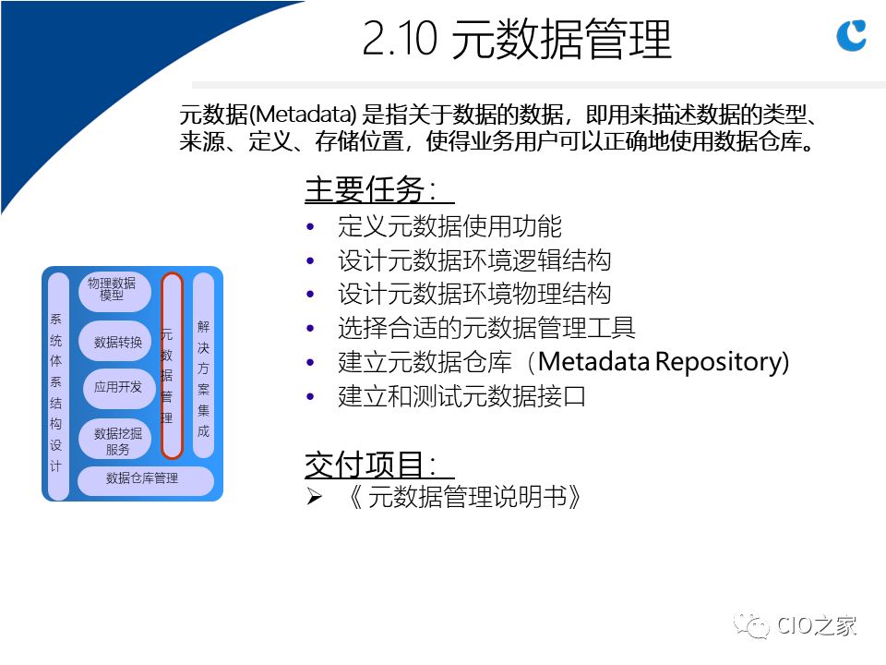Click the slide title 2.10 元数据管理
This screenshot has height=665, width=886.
pos(517,39)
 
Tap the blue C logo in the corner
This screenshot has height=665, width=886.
pos(851,35)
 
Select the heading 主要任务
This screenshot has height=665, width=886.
pos(371,189)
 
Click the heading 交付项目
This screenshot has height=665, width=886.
pos(371,465)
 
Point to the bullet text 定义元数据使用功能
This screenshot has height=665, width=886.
pos(449,226)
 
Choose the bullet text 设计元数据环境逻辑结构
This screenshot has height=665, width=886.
pos(474,260)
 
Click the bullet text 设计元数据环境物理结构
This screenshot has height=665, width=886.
pos(474,294)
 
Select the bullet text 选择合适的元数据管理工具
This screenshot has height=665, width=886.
pos(486,328)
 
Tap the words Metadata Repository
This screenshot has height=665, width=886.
pos(662,362)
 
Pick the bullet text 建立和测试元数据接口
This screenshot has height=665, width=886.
pos(461,396)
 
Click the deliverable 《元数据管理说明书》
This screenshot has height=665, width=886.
pos(464,497)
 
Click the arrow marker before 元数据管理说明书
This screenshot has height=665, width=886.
pos(314,497)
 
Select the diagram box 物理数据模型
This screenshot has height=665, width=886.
pos(114,291)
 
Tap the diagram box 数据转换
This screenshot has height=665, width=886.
pos(117,342)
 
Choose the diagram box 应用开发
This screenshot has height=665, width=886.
pos(117,387)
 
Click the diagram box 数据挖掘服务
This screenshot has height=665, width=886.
pos(117,441)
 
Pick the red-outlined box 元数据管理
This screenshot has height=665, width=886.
pos(172,366)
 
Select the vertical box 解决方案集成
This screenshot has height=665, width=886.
pos(203,366)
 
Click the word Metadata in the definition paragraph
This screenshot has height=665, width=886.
pos(304,115)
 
